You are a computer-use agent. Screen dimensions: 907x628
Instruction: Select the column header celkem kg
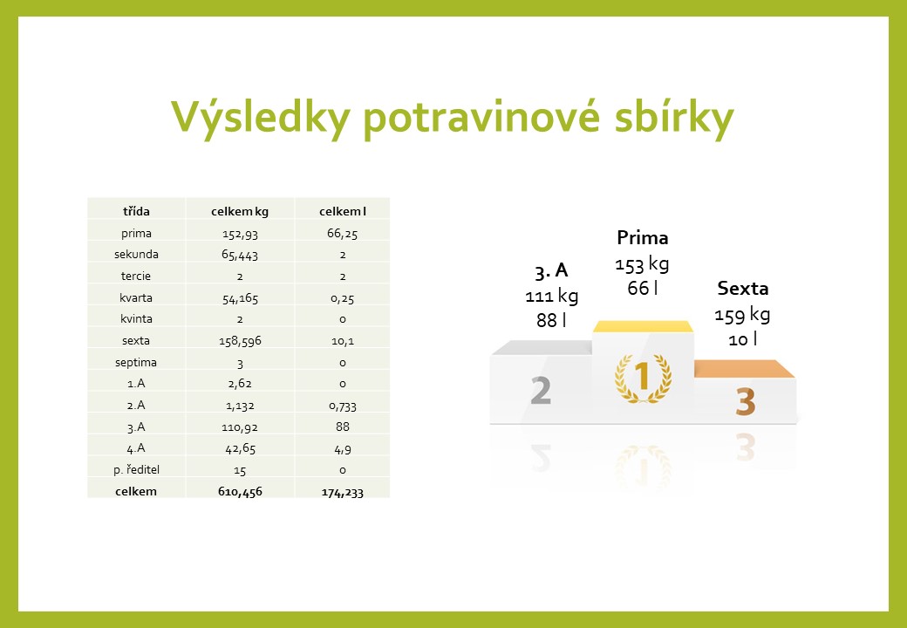click(240, 212)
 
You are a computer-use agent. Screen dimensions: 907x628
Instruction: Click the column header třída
click(137, 211)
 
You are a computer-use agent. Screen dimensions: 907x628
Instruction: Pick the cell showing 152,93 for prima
click(240, 234)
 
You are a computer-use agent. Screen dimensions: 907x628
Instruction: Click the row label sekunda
click(137, 255)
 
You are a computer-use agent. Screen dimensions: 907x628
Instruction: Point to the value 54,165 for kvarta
click(240, 298)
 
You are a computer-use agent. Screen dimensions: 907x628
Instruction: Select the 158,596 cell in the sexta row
click(240, 341)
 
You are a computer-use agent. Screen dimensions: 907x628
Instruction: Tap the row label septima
click(136, 363)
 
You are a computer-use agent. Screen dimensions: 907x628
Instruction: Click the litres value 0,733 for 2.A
click(343, 406)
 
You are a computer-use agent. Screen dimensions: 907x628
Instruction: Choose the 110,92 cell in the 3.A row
click(240, 427)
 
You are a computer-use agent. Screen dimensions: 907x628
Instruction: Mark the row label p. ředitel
click(137, 469)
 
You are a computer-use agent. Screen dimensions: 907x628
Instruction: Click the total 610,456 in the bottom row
click(240, 492)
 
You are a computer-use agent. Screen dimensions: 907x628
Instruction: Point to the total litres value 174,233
click(343, 493)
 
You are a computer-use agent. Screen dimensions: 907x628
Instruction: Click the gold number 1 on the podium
click(643, 376)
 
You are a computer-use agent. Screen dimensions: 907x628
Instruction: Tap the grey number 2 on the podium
click(541, 391)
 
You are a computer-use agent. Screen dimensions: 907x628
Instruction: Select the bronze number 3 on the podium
click(746, 401)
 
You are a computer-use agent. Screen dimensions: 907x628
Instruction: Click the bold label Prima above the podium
click(643, 237)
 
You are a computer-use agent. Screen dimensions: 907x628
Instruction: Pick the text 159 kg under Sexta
click(742, 315)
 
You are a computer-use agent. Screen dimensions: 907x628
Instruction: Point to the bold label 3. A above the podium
click(551, 270)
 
